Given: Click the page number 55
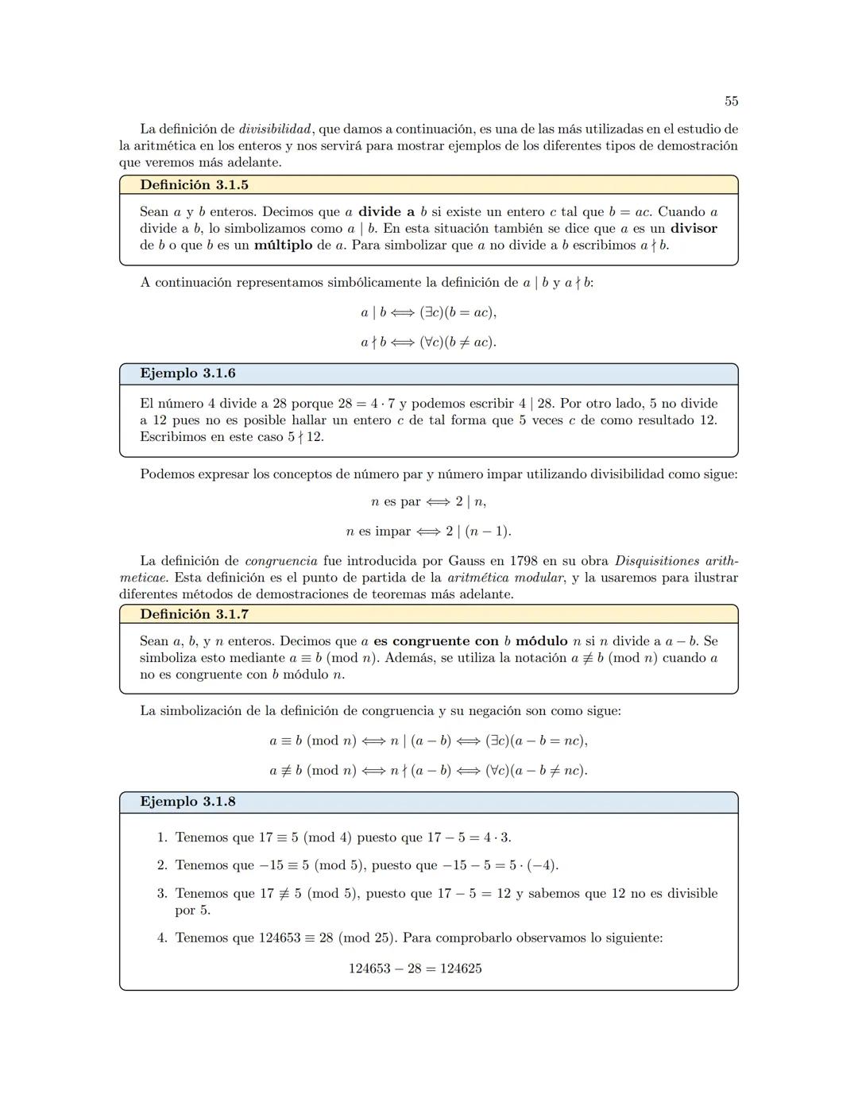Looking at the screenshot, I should pos(731,101).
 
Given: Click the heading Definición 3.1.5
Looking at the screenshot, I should pos(194,185).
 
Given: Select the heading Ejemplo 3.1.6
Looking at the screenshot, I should pos(187,373).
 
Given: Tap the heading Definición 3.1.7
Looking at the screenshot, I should pos(194,614).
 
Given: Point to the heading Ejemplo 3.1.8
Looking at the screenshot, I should pos(187,802).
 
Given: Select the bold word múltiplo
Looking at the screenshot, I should pos(283,246).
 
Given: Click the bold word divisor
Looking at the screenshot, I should pos(694,229).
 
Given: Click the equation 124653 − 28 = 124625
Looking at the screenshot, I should pos(415,969).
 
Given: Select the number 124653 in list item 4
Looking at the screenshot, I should pos(280,938).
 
